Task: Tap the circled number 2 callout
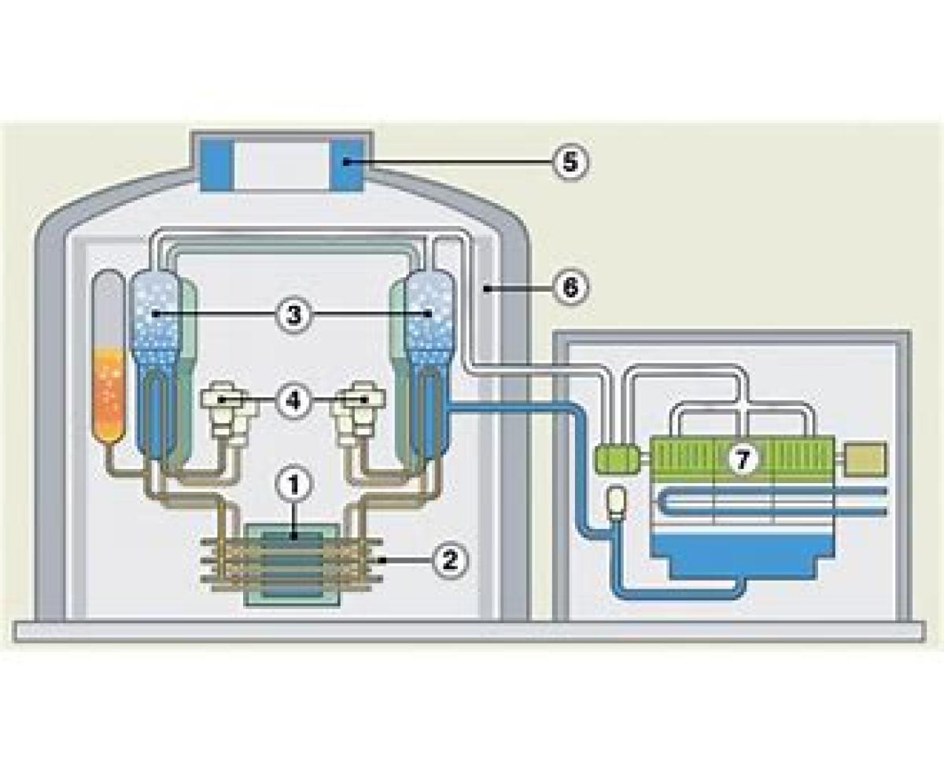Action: click(x=450, y=560)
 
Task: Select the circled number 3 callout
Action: click(x=293, y=315)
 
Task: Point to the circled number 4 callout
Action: click(x=293, y=400)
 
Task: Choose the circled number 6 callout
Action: click(x=570, y=288)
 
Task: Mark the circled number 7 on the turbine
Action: click(x=743, y=460)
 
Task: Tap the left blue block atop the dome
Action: click(x=216, y=164)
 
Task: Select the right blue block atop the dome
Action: click(x=346, y=164)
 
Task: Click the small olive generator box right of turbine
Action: click(x=865, y=459)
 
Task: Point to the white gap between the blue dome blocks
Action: click(x=282, y=164)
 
